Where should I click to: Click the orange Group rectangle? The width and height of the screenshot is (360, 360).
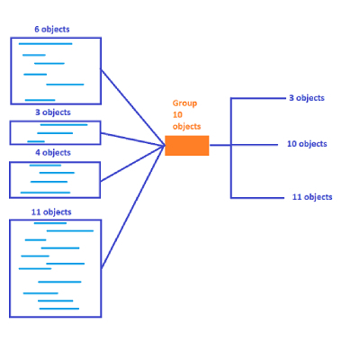[187, 146]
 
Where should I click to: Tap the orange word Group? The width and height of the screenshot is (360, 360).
[184, 103]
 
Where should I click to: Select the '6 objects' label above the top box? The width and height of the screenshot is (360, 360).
[52, 30]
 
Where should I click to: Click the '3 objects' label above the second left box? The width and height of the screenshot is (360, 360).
[53, 112]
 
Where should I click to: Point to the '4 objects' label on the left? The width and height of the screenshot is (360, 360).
[53, 153]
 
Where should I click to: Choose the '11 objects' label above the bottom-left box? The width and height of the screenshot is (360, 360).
[51, 212]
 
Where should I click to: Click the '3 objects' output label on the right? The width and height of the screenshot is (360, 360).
[307, 98]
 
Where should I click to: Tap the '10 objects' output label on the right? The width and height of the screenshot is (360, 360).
[307, 144]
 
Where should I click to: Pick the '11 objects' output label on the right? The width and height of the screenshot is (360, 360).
[312, 197]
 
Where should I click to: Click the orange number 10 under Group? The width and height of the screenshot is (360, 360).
[177, 115]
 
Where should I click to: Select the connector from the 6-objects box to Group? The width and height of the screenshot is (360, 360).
[133, 107]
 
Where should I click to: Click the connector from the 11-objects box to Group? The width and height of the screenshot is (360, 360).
[133, 207]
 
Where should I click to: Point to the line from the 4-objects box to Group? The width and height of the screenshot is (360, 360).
[133, 164]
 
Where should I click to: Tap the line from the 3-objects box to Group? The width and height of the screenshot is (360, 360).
[133, 139]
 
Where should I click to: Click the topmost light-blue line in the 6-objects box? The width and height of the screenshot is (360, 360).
[45, 44]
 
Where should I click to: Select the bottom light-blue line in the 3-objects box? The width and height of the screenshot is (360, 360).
[36, 141]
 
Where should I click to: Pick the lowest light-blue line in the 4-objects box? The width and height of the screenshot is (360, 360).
[45, 193]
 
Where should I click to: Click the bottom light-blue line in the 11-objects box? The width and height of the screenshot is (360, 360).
[59, 309]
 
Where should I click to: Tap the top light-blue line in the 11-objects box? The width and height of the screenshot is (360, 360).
[50, 223]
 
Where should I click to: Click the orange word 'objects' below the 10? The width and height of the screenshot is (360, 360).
[186, 127]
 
